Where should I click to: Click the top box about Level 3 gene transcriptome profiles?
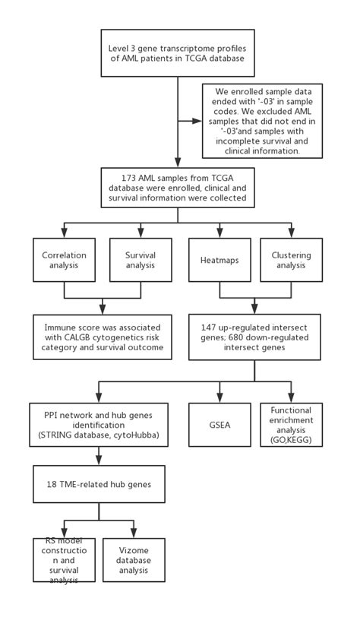point(178,53)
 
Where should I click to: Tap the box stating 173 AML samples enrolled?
point(178,188)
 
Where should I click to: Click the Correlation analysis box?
point(64,261)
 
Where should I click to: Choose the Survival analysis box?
point(141,261)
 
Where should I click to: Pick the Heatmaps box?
point(219,261)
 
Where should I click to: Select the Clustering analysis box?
point(291,261)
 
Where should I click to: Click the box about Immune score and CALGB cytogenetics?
point(99,337)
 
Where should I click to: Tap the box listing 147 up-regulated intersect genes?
point(254,337)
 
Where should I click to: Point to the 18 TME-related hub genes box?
point(99,484)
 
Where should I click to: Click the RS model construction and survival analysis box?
point(64,560)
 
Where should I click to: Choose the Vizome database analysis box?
point(134,560)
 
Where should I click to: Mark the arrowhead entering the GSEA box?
point(219,398)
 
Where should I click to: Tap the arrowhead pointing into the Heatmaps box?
point(219,233)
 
